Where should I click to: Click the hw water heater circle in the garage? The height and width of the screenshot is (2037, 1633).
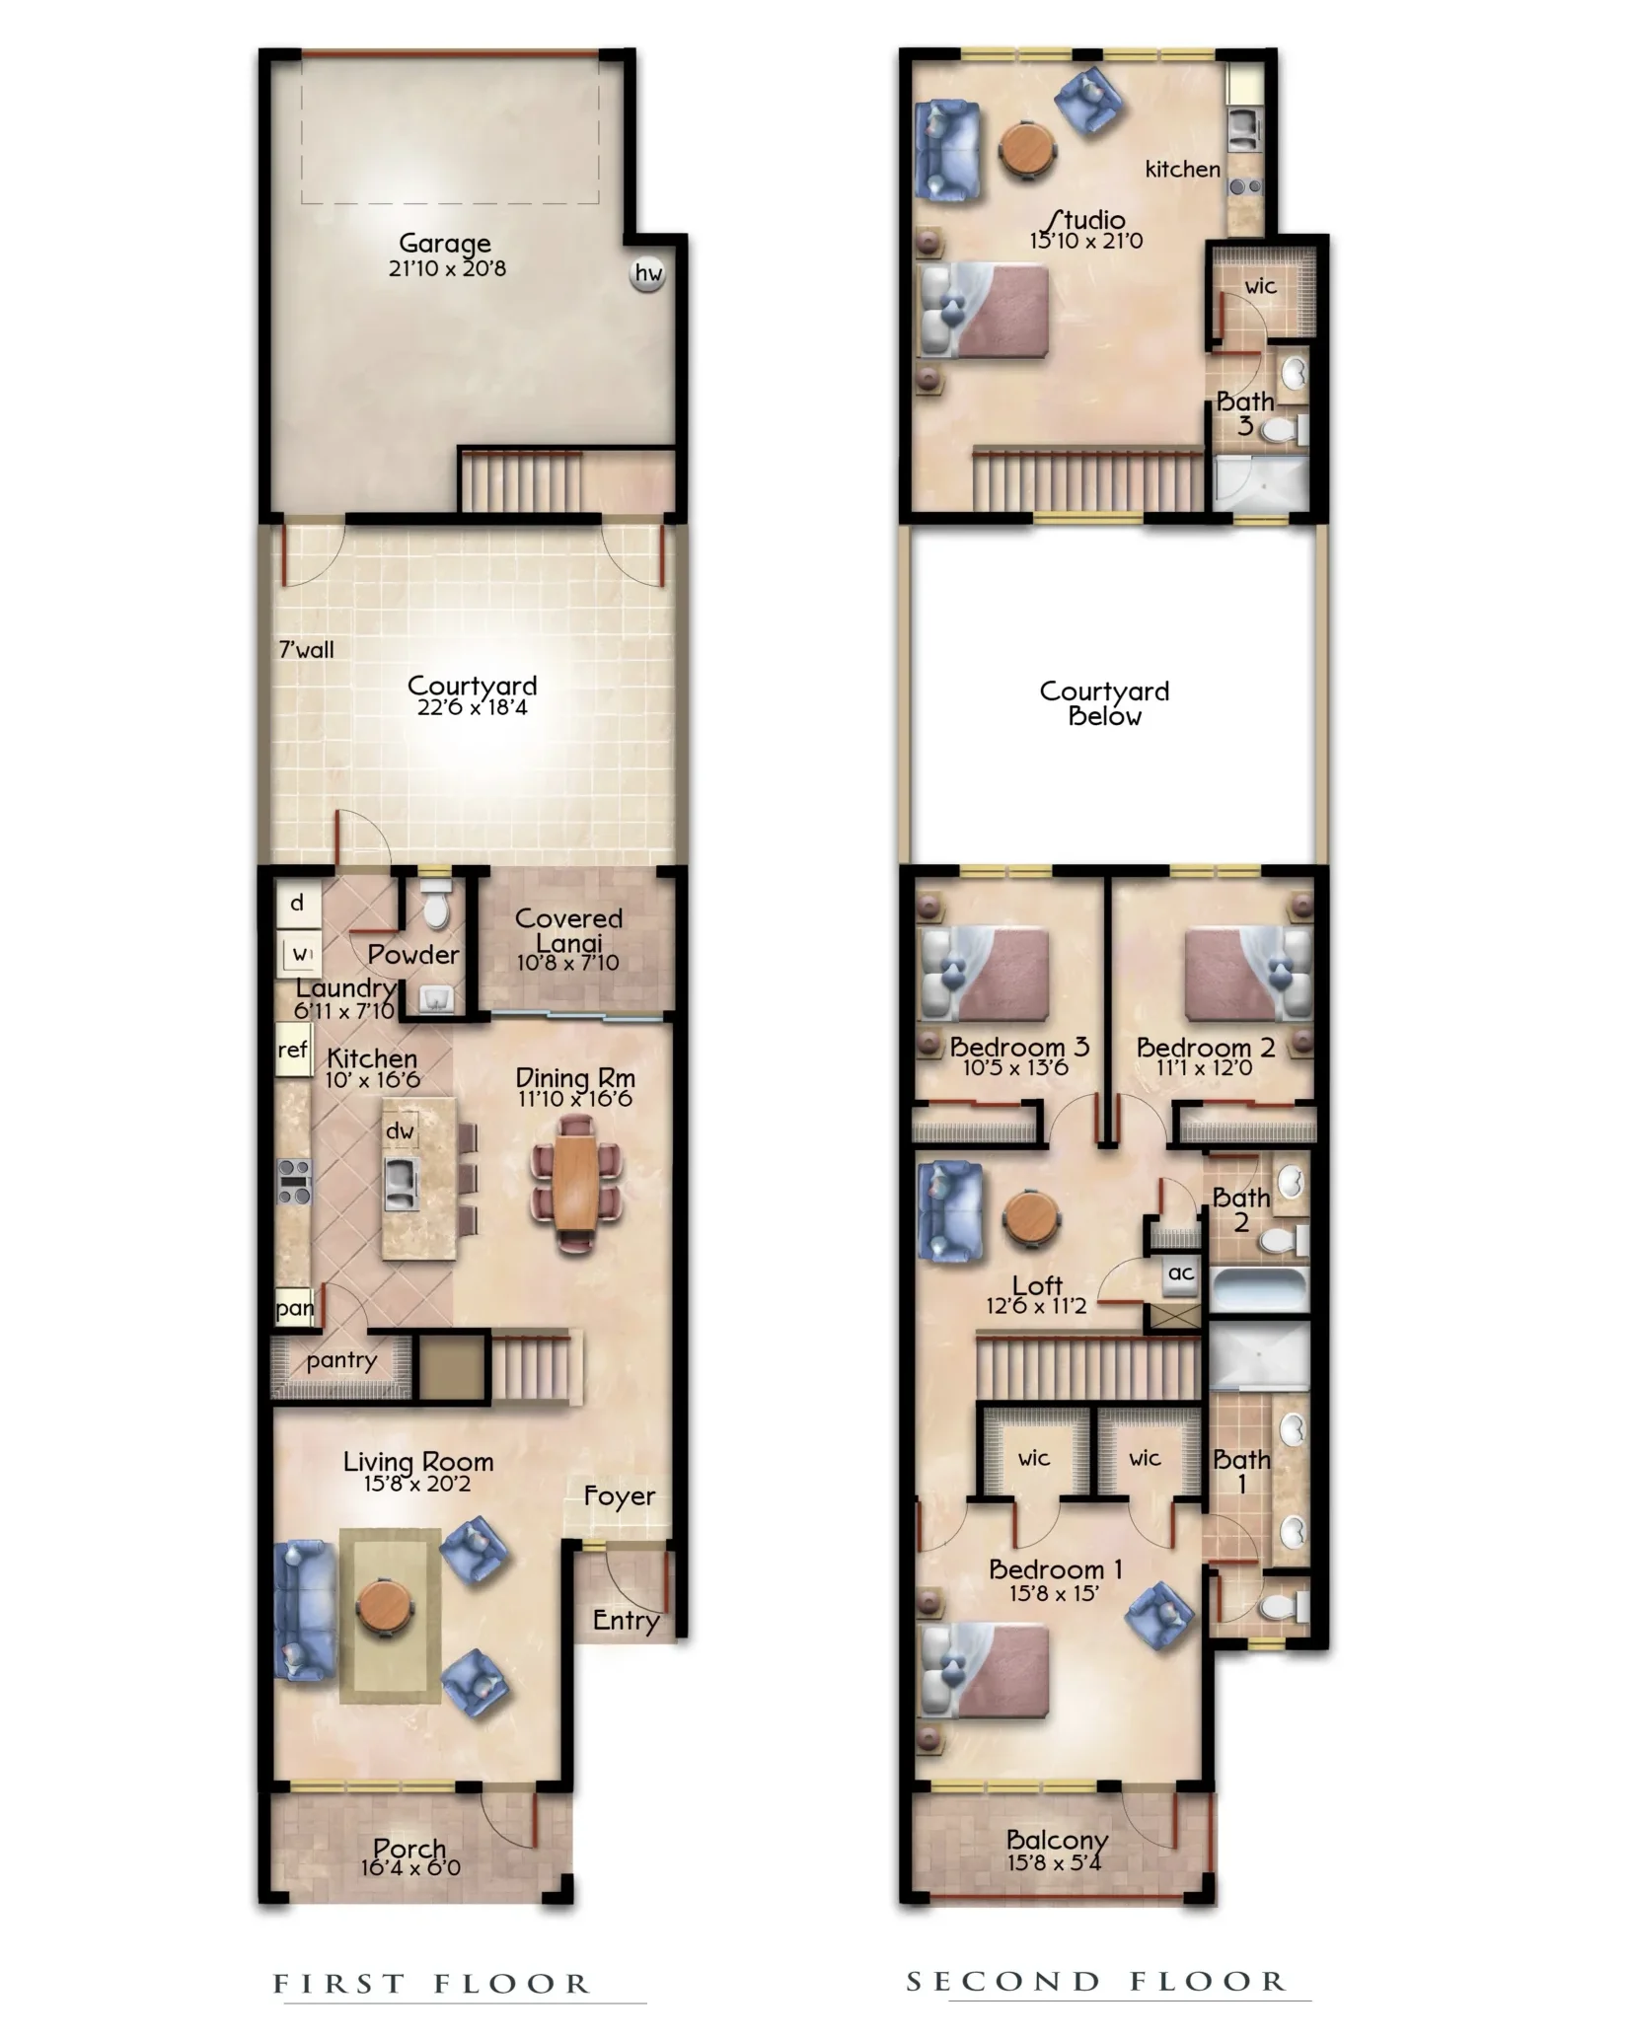[x=647, y=273]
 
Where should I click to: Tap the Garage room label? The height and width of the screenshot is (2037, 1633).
[x=444, y=243]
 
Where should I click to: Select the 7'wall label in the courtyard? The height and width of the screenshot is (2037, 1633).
[x=306, y=649]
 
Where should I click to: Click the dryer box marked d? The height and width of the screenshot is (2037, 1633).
[x=297, y=904]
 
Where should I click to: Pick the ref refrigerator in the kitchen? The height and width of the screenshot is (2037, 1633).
[x=292, y=1051]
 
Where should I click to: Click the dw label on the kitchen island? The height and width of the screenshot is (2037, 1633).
[x=400, y=1130]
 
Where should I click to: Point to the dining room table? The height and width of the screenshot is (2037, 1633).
[x=576, y=1183]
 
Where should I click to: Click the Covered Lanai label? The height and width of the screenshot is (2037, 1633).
[x=568, y=929]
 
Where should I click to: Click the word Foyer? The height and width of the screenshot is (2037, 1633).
[x=619, y=1495]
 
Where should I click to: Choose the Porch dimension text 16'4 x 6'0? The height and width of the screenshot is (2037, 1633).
[x=409, y=1867]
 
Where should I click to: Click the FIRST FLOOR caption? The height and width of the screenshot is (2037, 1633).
[x=431, y=1984]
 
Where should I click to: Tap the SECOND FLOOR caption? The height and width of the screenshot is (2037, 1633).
[x=1096, y=1981]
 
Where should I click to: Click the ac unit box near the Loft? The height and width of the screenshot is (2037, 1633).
[x=1181, y=1273]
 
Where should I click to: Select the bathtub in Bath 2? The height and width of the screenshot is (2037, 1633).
[x=1258, y=1290]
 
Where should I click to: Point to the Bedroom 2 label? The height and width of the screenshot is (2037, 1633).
[x=1205, y=1047]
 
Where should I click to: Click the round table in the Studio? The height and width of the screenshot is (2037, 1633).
[x=1028, y=149]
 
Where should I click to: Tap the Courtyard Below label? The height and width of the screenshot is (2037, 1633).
[x=1104, y=703]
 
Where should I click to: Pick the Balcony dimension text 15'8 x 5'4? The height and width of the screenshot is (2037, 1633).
[x=1054, y=1863]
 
